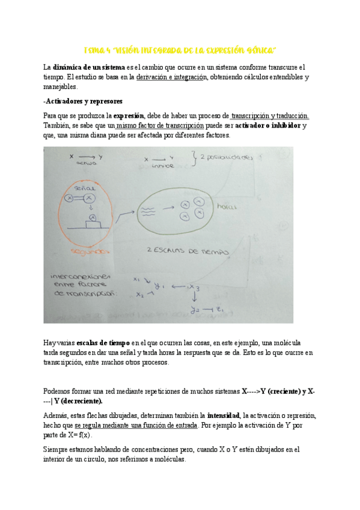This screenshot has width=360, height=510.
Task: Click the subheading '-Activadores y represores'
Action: [x=83, y=101]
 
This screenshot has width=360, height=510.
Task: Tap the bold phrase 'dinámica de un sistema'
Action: [x=89, y=67]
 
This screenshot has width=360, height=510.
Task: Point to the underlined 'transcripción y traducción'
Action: [x=270, y=115]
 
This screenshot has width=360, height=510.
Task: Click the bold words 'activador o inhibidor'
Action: [x=267, y=125]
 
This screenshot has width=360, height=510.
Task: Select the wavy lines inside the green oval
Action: [x=148, y=210]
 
